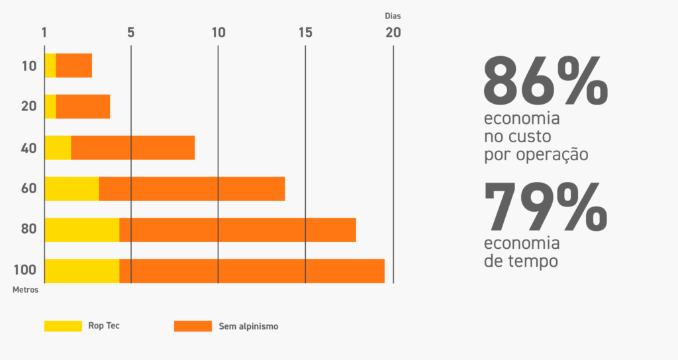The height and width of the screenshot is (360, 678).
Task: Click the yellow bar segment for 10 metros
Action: [50, 66]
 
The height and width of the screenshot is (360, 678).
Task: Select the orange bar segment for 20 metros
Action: [83, 107]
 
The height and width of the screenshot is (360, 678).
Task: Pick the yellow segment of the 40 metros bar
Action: [58, 148]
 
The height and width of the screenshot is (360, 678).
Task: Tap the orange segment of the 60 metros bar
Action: [192, 189]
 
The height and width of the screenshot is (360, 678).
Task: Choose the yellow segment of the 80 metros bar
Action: [82, 230]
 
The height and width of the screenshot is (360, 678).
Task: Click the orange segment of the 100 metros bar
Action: [252, 271]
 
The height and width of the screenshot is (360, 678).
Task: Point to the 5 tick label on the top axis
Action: [131, 32]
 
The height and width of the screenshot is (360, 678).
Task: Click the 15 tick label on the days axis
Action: [305, 32]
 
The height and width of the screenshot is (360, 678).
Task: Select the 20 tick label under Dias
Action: [393, 32]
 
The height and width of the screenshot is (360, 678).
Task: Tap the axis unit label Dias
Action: [393, 15]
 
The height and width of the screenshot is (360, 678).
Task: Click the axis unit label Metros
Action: [25, 289]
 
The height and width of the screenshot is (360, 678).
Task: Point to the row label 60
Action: [28, 189]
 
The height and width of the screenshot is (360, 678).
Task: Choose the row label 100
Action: [25, 271]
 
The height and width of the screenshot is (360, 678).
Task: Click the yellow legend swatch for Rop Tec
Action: [63, 326]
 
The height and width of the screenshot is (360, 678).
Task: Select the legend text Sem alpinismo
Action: [248, 326]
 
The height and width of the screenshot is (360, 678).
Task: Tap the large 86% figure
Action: [546, 81]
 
